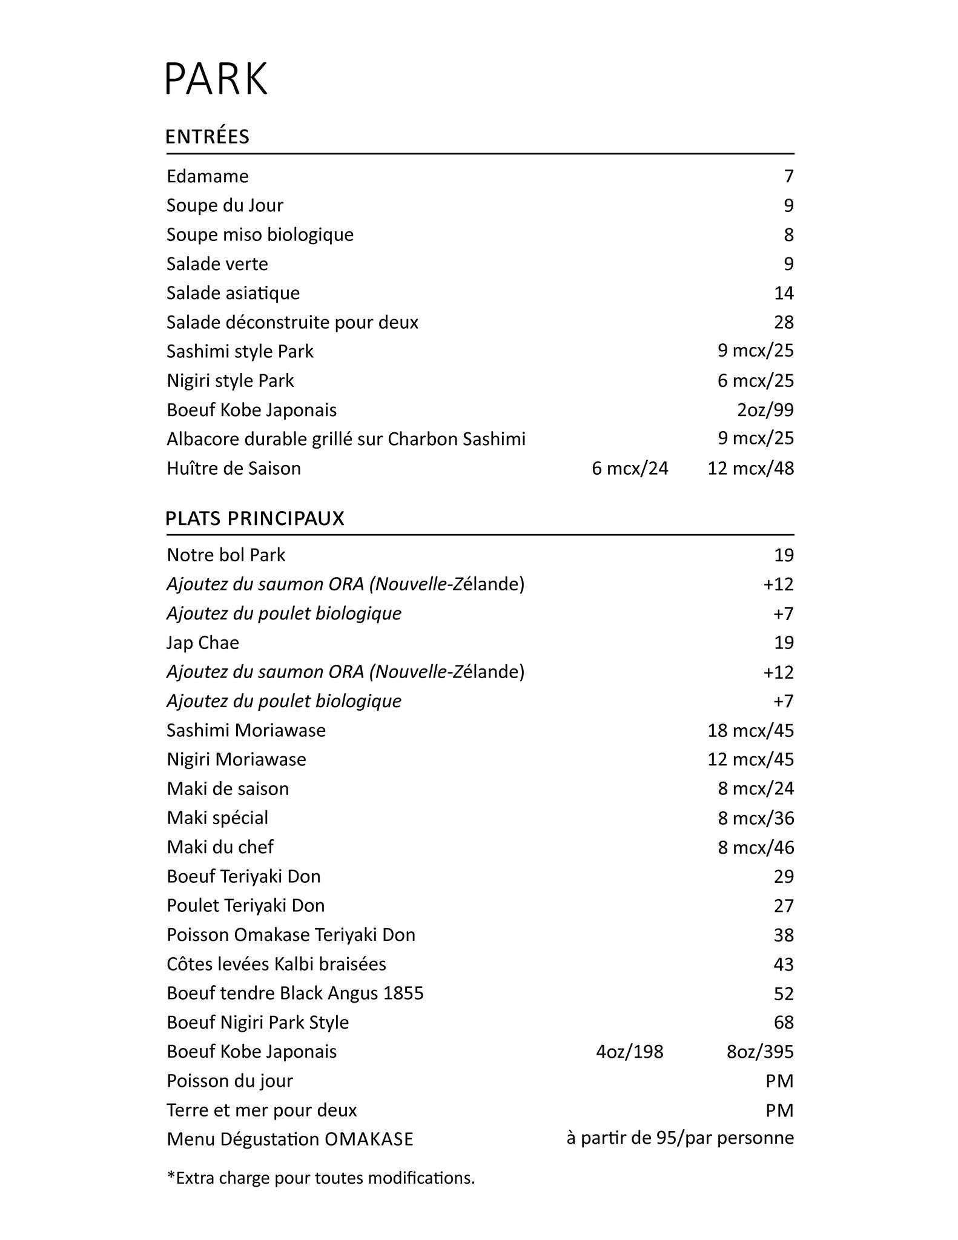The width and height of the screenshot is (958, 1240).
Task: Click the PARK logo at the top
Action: coord(216,78)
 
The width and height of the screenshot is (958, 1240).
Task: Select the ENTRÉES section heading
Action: coord(207,137)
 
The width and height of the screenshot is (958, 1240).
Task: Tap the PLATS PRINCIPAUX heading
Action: coord(255,519)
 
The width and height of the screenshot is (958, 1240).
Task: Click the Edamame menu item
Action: coord(208,176)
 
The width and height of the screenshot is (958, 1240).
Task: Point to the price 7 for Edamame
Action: coord(788,176)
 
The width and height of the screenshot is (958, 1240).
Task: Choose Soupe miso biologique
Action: coord(260,234)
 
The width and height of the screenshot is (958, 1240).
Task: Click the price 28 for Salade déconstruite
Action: coord(783,322)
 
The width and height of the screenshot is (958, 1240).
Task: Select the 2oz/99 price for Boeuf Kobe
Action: coord(765,410)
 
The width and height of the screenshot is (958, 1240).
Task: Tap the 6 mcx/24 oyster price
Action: coord(630,468)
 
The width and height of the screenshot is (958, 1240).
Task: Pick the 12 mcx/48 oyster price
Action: coord(750,468)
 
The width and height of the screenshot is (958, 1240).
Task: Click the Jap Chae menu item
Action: coord(203,642)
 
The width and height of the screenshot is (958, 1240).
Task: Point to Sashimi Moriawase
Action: coord(246,730)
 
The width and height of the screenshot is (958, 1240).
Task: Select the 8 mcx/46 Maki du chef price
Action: coord(755,847)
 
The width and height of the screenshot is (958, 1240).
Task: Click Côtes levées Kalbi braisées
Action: coord(276,964)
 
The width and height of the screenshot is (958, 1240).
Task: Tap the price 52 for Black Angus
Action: coord(783,994)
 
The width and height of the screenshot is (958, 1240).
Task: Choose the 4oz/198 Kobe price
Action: coord(630,1052)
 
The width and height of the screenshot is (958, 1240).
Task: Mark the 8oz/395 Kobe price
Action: coord(759,1052)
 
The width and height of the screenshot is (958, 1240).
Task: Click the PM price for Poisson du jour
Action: coord(779,1081)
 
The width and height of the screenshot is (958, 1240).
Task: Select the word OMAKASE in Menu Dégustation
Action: coord(369,1139)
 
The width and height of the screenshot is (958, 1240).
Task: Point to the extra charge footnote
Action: coord(321,1178)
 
